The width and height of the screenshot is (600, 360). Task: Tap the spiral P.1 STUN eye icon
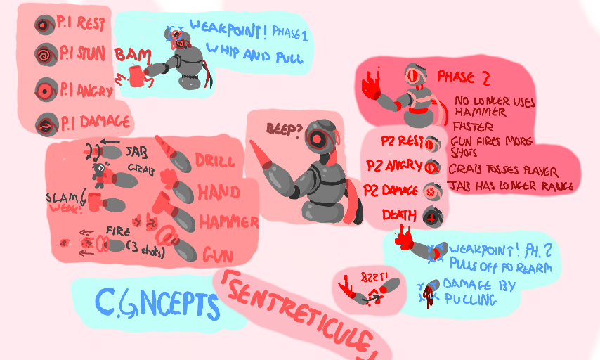click(x=44, y=53)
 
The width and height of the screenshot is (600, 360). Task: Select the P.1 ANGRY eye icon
click(x=45, y=91)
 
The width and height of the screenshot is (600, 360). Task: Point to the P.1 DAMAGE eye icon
click(x=45, y=124)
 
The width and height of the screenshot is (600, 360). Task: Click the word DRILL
click(x=215, y=160)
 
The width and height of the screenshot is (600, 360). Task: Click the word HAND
click(x=218, y=191)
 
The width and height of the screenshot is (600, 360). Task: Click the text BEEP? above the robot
click(x=283, y=129)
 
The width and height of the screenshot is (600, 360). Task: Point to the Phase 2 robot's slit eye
click(x=412, y=74)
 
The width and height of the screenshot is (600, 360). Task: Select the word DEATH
click(x=400, y=214)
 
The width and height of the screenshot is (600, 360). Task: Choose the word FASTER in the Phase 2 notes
click(x=472, y=127)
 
